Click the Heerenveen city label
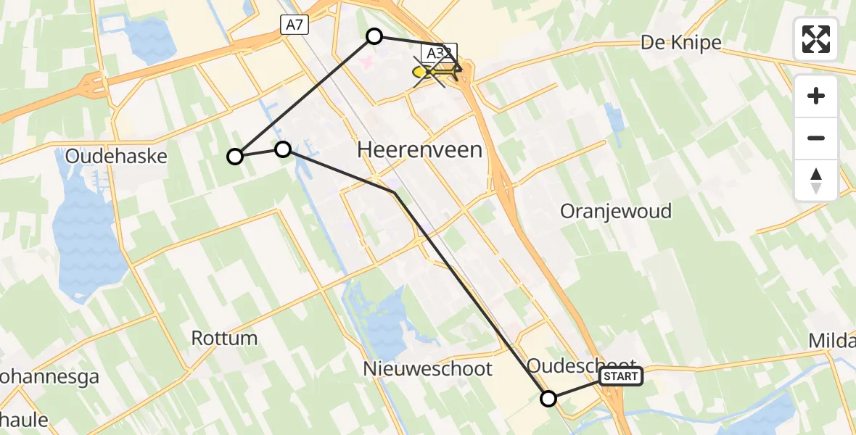click(x=420, y=150)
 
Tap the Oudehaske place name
click(x=116, y=156)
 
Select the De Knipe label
click(x=680, y=43)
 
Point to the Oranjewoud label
click(x=616, y=211)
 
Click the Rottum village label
click(x=224, y=337)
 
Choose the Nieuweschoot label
click(x=428, y=368)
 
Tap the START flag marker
click(x=621, y=376)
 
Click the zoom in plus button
click(x=816, y=96)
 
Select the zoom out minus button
click(x=816, y=138)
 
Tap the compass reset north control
click(x=816, y=180)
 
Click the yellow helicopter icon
click(x=436, y=72)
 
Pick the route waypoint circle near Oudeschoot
click(x=548, y=398)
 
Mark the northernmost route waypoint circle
click(x=374, y=36)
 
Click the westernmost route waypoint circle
click(x=235, y=156)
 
